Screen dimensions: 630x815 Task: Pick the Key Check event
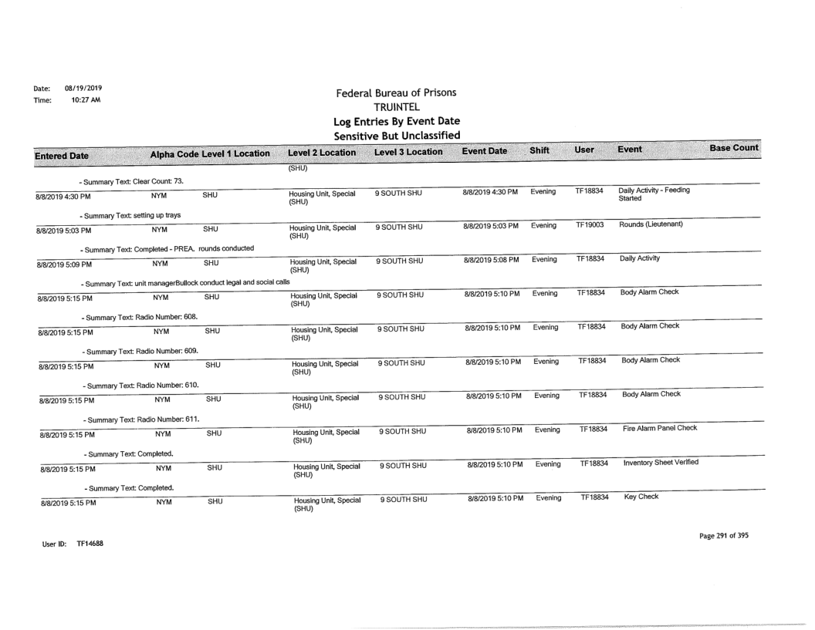pyautogui.click(x=641, y=498)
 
